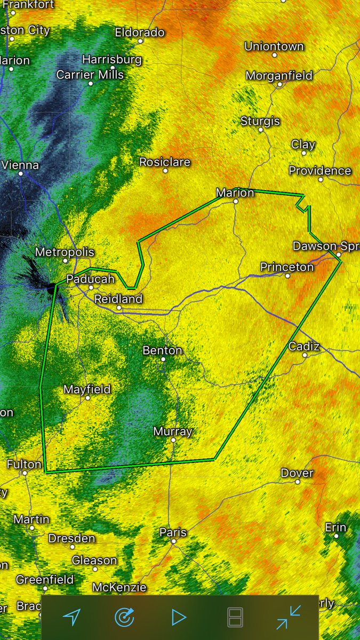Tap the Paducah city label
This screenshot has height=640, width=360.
pos(90,279)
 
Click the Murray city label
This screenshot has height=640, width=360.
pos(173,431)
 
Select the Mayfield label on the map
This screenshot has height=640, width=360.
pos(87,389)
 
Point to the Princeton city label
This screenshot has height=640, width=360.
pos(287,267)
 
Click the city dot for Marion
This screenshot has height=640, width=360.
pos(236,202)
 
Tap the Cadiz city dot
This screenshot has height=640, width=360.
pos(305,355)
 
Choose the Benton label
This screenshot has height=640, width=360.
pos(163,350)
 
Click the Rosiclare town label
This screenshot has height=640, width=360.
pos(165,162)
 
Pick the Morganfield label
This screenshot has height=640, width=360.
pos(279,76)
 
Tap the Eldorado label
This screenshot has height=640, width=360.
pos(140,33)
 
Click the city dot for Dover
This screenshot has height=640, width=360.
pos(298,482)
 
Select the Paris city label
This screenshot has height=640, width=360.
pos(173,532)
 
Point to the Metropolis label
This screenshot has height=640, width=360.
pos(65,252)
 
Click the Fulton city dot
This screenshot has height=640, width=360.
pos(24,473)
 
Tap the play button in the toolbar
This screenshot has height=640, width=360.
pos(179,618)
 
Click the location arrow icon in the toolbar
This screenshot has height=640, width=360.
pos(71,618)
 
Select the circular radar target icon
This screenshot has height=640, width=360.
pos(125,618)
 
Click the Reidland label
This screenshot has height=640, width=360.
pos(118,299)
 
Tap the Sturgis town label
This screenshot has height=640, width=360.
pos(260,121)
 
